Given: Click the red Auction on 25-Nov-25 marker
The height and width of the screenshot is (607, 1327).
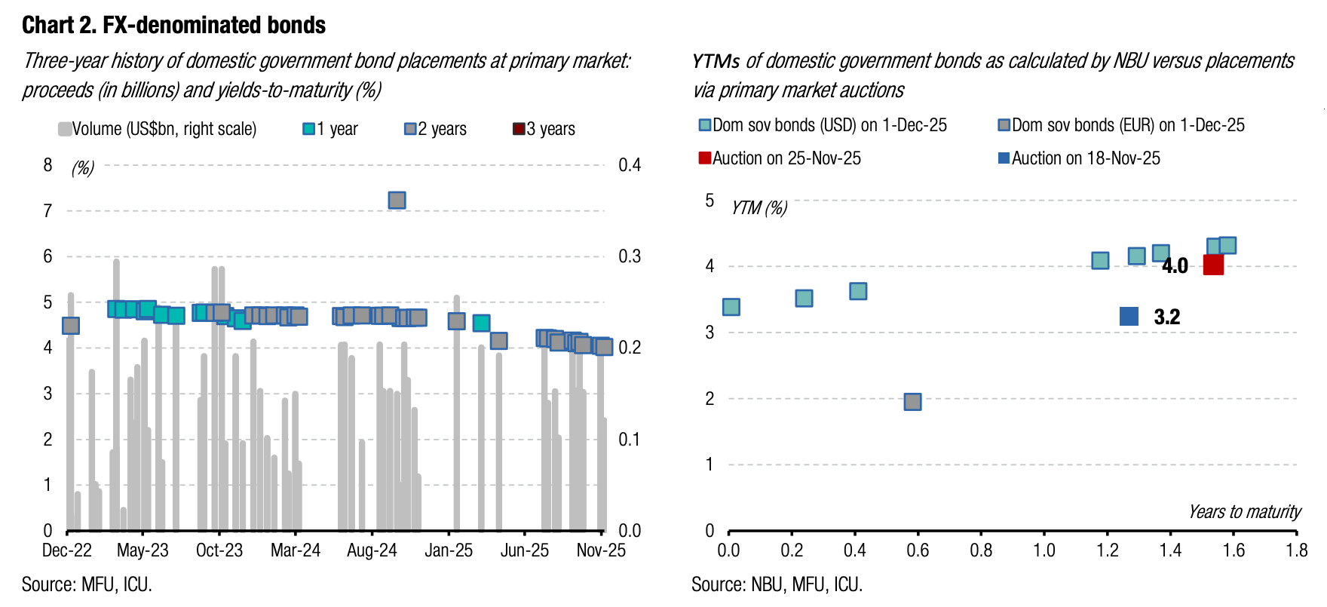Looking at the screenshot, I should tap(1213, 265).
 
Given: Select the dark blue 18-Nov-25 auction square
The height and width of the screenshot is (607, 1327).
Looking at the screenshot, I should tap(1129, 317).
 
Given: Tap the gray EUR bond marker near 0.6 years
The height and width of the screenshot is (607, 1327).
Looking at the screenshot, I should tap(912, 401).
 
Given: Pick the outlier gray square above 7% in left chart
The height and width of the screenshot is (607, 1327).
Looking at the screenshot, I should tap(397, 200).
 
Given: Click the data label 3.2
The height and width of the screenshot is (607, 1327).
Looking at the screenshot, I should tap(1166, 317).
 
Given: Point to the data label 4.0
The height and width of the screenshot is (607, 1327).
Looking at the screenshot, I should tap(1175, 265).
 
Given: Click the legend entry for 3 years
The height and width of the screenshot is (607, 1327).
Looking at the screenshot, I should tap(544, 129).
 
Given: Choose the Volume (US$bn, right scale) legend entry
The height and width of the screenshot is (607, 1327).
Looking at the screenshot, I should tap(158, 129).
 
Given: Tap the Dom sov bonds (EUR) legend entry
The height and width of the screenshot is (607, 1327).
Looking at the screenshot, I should tap(1121, 125).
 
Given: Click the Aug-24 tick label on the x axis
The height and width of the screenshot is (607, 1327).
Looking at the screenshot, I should tap(372, 550).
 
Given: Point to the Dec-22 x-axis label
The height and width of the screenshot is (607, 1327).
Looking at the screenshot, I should tap(66, 550).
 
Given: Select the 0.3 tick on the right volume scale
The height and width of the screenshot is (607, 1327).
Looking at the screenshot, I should tap(630, 256).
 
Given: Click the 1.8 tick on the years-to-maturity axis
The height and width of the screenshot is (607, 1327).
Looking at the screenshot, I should tap(1297, 550).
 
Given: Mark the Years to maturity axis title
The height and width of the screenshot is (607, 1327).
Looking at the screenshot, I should tap(1244, 512).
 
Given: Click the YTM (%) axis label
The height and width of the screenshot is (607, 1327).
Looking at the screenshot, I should tap(759, 207).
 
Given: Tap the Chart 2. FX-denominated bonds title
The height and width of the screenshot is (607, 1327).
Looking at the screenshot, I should tap(173, 26).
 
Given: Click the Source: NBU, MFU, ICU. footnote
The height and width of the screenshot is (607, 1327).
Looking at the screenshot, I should tap(777, 584).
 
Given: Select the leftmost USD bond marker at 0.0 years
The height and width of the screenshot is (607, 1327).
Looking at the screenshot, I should tap(731, 307).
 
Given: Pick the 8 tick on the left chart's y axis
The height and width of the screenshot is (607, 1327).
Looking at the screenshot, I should tap(48, 165).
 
